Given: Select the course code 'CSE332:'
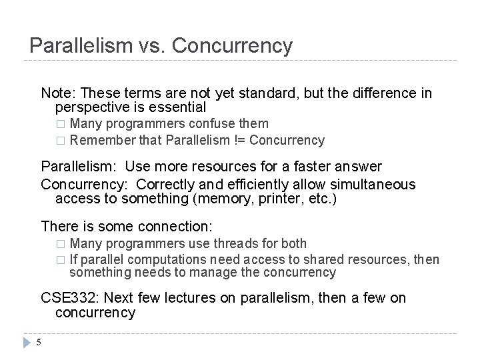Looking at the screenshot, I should (x=69, y=298).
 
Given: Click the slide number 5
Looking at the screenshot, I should (x=39, y=343).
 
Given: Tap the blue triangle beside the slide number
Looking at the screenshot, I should (x=27, y=343).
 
